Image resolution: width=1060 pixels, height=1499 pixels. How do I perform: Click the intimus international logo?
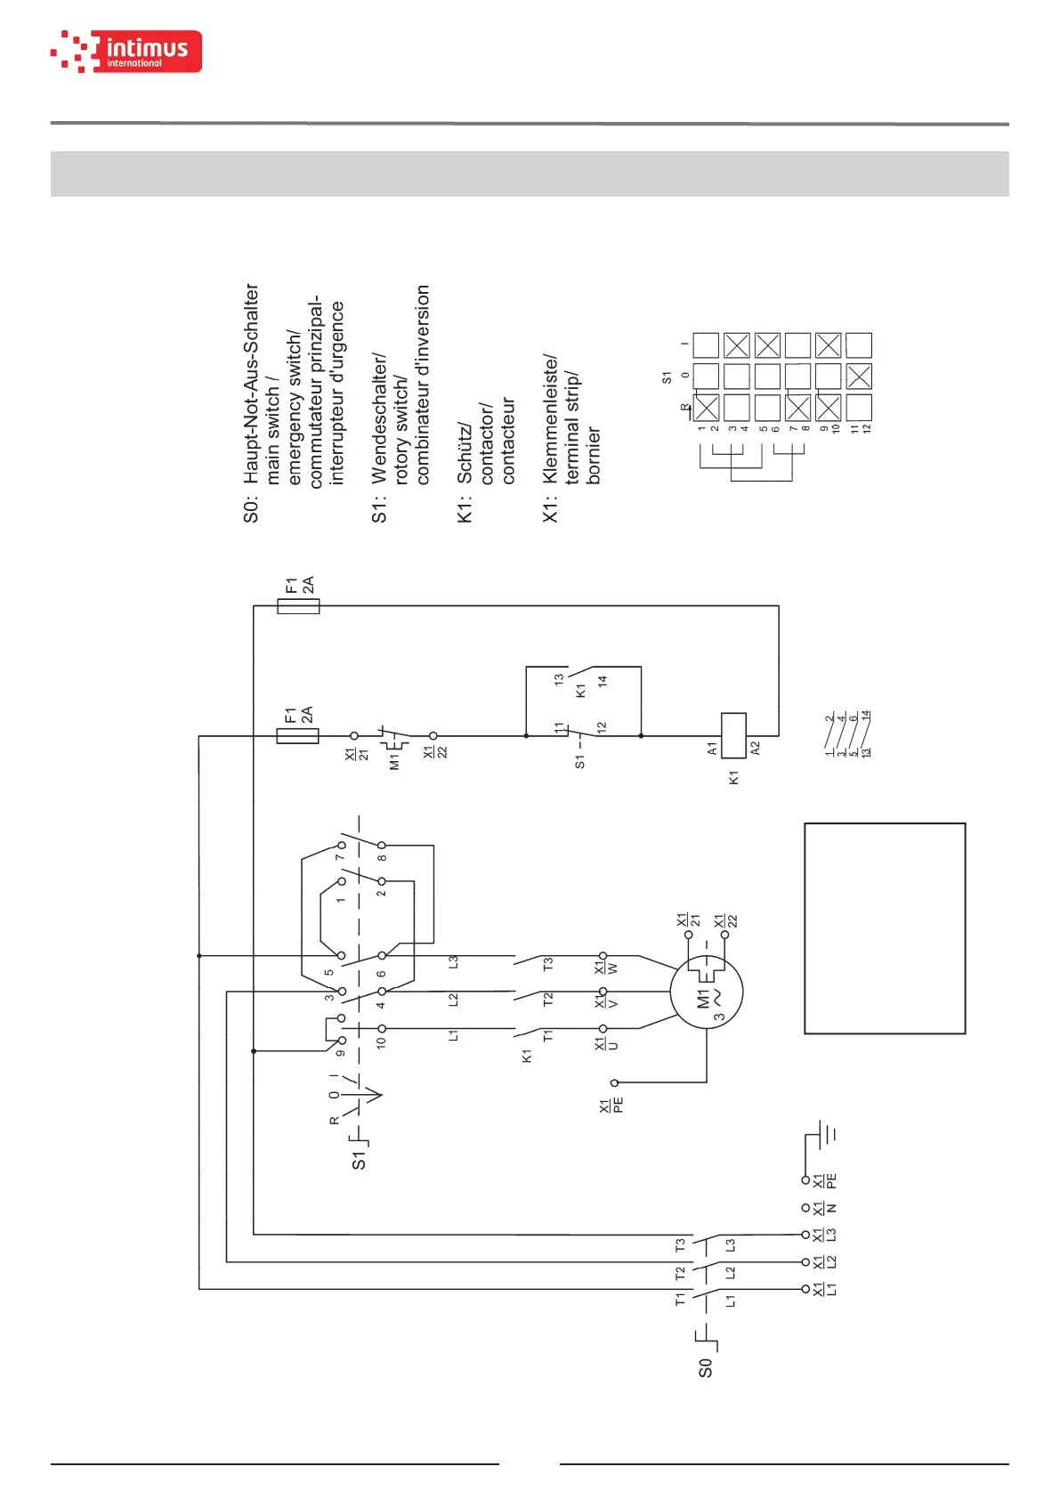coord(126,52)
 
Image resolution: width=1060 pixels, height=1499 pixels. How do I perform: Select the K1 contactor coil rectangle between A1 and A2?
coord(732,735)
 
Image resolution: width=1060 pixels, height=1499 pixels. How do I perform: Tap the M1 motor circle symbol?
coord(707,992)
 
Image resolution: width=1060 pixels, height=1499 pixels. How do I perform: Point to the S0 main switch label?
coord(705,1368)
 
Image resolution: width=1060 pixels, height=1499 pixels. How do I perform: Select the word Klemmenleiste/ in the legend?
coord(551,419)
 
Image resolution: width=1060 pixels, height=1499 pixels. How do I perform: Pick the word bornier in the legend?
coord(594,456)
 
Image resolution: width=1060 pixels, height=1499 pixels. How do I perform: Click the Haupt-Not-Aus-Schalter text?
coord(252,384)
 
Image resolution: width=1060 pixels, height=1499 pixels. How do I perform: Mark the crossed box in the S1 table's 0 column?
coord(859,377)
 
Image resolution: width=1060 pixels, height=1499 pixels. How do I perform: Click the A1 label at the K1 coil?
coord(712,749)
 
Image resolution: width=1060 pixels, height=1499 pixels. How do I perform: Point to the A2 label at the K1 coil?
coord(756,749)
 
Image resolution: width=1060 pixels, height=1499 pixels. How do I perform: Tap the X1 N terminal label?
coord(825,1208)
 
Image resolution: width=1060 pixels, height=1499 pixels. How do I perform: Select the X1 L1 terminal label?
coord(825,1289)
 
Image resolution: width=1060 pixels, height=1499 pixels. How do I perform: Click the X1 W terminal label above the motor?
coord(606,967)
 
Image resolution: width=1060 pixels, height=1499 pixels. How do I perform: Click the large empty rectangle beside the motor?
coord(885,928)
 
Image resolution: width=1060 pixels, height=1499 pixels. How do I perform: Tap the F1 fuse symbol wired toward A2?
coord(298,606)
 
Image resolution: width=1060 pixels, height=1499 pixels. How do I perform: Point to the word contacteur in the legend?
coord(508,441)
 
